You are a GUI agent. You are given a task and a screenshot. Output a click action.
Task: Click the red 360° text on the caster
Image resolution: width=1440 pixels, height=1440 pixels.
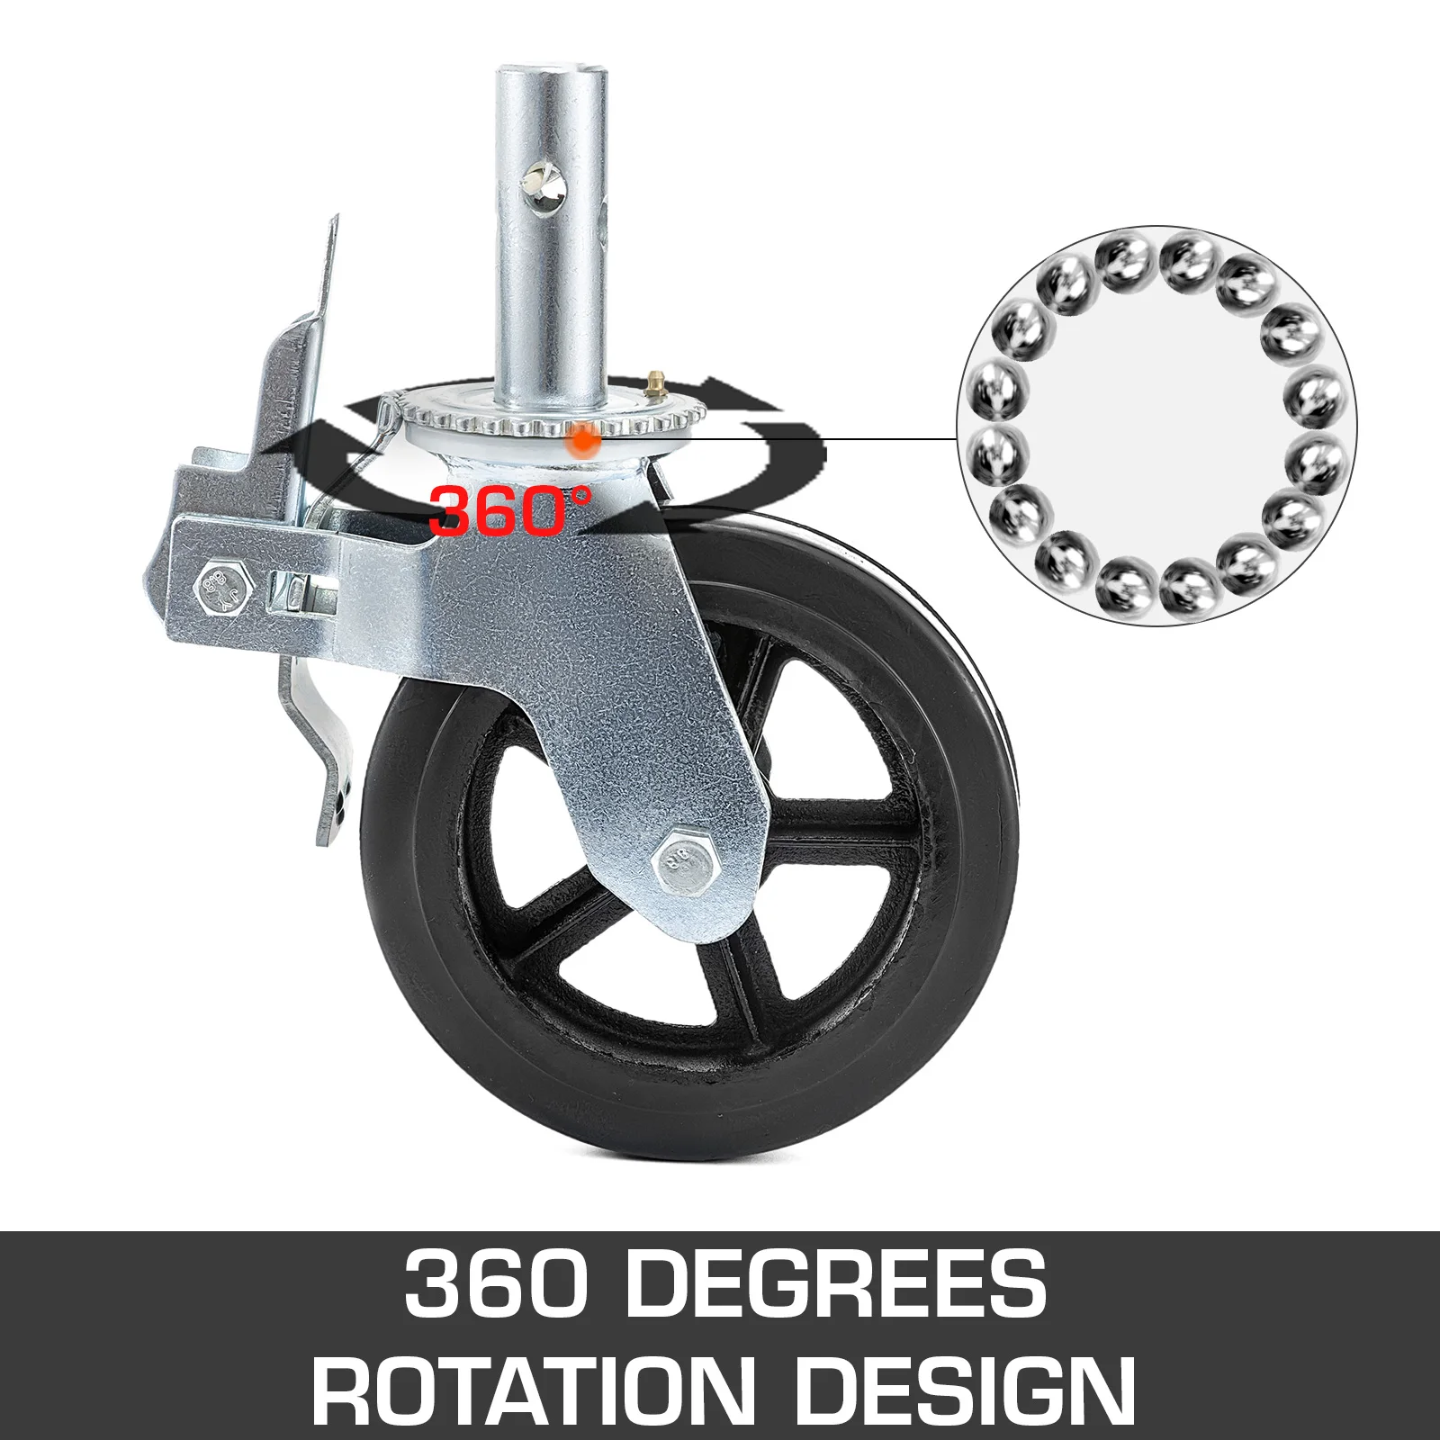(x=509, y=510)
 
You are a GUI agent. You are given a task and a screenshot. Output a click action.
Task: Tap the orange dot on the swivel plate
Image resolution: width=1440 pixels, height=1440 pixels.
(x=584, y=440)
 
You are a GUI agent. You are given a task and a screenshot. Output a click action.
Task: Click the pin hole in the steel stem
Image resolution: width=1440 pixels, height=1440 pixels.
(x=546, y=190)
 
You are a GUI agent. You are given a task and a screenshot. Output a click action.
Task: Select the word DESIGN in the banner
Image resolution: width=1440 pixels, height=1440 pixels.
(x=963, y=1390)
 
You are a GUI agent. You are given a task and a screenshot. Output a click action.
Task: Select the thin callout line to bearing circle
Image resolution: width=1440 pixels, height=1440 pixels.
(x=810, y=439)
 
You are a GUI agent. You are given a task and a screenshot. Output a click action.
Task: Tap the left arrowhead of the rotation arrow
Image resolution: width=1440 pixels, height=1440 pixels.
(x=306, y=441)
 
